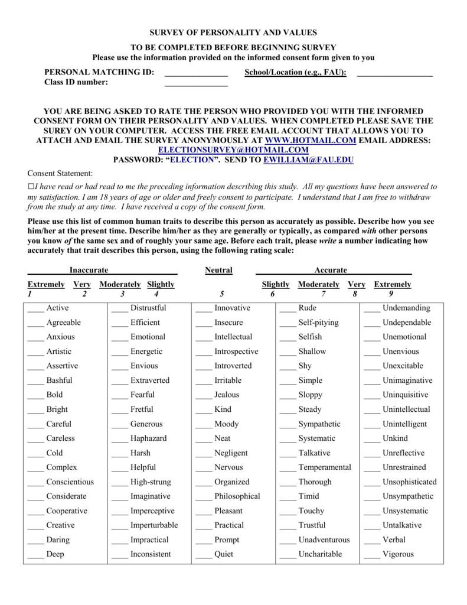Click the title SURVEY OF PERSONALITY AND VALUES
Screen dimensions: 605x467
pos(233,32)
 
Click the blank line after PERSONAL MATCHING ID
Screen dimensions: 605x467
pos(196,73)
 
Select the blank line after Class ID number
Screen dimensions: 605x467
pos(196,83)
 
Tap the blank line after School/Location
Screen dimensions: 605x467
pos(394,73)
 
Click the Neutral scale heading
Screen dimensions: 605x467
pos(218,270)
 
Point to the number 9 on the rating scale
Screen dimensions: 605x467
pos(391,294)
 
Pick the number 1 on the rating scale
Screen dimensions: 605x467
pos(30,294)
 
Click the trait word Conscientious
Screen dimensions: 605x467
pos(70,482)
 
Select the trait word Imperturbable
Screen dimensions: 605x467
pos(154,525)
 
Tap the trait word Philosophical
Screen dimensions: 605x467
pos(237,496)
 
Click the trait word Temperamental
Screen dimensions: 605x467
pos(324,467)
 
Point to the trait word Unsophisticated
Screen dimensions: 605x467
pos(409,482)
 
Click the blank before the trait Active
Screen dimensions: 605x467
pos(35,309)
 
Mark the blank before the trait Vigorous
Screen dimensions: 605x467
pos(371,555)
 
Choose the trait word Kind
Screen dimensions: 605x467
pos(223,409)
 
